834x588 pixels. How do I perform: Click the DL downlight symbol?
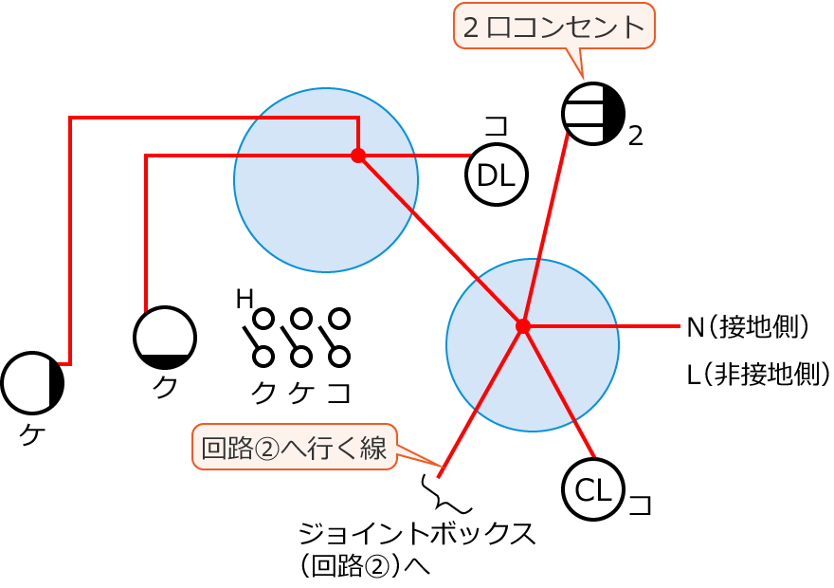[496, 175]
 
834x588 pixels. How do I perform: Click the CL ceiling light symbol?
[593, 489]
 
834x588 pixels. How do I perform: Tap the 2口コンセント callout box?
[554, 26]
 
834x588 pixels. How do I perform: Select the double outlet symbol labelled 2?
[593, 114]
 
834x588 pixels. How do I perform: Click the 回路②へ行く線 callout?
[295, 448]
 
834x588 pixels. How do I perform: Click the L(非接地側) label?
[758, 374]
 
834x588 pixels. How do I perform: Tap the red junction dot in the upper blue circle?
[358, 156]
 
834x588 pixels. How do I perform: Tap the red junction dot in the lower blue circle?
[522, 326]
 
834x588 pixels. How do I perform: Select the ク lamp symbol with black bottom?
[165, 338]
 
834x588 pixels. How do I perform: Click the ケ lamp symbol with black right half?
[32, 383]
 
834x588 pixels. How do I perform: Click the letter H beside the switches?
[244, 299]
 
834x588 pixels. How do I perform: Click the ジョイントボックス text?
[417, 533]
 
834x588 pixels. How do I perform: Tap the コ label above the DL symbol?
[496, 126]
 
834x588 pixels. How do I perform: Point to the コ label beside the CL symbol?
[641, 504]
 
